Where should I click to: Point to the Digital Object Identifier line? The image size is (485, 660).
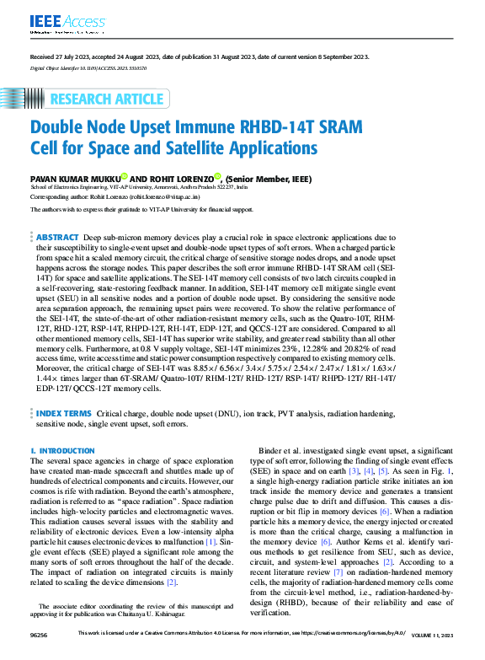coord(88,67)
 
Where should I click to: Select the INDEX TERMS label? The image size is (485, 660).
coord(64,413)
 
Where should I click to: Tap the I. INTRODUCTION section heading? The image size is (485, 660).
coord(62,452)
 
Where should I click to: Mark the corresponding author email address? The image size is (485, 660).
coord(168,196)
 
